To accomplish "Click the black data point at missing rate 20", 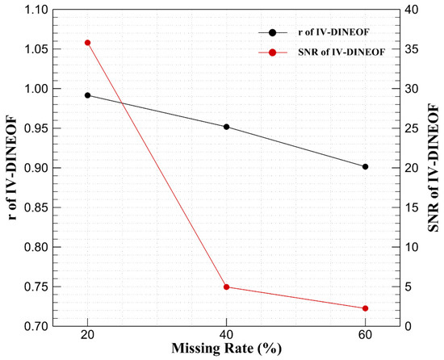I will (x=87, y=95).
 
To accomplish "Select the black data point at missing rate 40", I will (x=226, y=127).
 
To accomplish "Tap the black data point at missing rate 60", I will (x=365, y=167).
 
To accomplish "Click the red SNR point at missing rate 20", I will (x=87, y=43).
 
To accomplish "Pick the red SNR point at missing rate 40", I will (x=226, y=287).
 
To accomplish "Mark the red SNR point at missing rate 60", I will (x=365, y=308).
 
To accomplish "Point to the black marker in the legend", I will (x=273, y=32).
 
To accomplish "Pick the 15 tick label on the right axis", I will (x=414, y=207).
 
